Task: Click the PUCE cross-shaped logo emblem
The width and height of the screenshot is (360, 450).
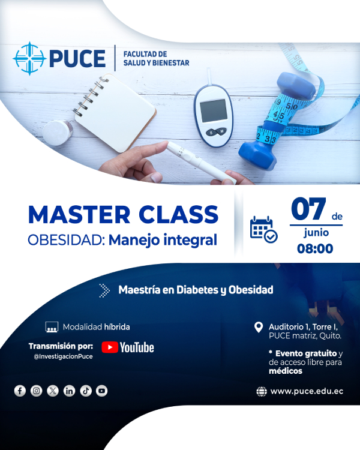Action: click(29, 59)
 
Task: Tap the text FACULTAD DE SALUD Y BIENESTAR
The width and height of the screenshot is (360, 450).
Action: click(156, 59)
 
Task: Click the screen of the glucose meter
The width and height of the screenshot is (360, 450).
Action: click(214, 111)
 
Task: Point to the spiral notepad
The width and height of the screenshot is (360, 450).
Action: click(115, 112)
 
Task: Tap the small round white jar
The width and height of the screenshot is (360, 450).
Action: click(58, 133)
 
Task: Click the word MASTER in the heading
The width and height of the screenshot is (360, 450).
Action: click(79, 215)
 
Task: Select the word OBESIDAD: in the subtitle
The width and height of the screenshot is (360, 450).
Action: click(67, 240)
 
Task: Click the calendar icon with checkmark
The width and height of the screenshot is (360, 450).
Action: click(263, 230)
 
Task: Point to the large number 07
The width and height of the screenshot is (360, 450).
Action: click(308, 209)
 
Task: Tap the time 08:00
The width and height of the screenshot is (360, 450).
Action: click(315, 248)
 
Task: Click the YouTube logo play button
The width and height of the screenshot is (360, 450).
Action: click(110, 347)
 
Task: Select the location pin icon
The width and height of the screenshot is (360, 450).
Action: click(259, 327)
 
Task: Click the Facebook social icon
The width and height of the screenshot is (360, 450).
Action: click(20, 391)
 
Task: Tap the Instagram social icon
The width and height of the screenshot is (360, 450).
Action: click(36, 391)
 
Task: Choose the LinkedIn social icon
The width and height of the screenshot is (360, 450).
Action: click(69, 391)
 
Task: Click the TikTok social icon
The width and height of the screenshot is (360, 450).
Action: click(86, 391)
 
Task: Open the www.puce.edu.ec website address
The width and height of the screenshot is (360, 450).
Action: click(307, 391)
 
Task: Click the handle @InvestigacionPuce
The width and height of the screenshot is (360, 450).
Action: click(63, 356)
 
